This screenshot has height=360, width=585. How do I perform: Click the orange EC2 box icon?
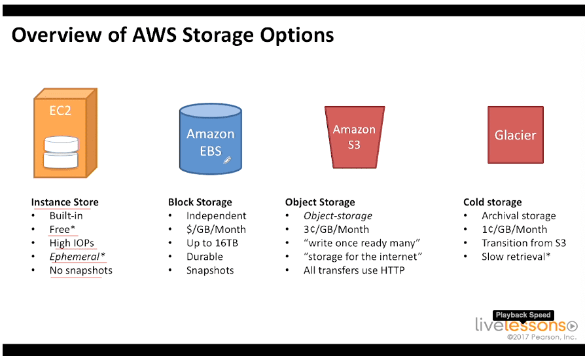[65, 133]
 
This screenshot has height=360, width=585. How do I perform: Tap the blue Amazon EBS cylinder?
[211, 139]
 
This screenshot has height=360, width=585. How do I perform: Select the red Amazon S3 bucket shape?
[355, 137]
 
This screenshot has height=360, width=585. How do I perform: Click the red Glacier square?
[515, 135]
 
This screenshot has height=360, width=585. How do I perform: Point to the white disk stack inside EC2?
[62, 153]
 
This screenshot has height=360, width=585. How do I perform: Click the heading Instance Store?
[65, 202]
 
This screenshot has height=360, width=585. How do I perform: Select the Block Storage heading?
[200, 202]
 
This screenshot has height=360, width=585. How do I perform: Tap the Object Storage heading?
[320, 202]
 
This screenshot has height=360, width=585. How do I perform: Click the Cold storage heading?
[493, 202]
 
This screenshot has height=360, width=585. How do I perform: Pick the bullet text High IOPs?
[71, 243]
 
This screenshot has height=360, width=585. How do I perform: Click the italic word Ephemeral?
[75, 257]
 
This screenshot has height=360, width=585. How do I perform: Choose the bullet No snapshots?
[81, 270]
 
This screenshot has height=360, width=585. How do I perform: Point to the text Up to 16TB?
[212, 243]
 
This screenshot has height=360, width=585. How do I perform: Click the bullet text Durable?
[205, 257]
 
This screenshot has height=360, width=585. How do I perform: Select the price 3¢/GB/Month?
[336, 230]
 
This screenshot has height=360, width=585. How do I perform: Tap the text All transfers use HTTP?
[354, 270]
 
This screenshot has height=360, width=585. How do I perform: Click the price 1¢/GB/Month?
[514, 230]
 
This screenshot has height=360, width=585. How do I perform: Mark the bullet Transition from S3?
[523, 243]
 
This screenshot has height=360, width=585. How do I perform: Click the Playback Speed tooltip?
[523, 315]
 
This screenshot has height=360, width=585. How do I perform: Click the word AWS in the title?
[154, 35]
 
